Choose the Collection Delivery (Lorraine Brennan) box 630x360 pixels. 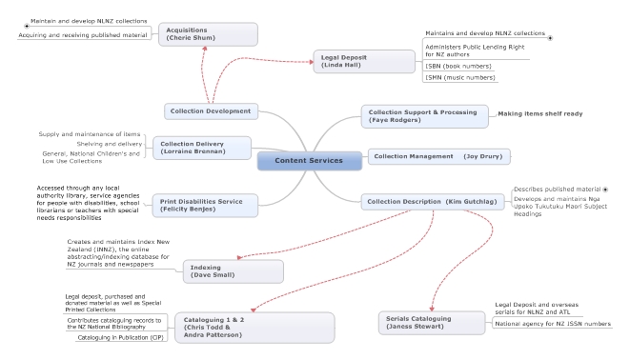(202, 148)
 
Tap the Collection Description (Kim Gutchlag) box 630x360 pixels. (432, 201)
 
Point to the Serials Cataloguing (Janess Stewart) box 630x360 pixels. (432, 322)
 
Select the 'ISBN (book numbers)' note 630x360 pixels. (460, 66)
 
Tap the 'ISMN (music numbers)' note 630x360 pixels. (460, 78)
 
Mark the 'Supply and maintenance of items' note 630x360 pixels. (90, 133)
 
